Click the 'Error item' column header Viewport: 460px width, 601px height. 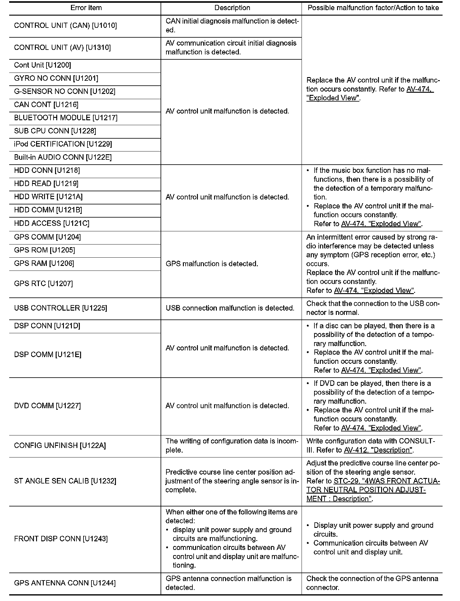[x=86, y=8]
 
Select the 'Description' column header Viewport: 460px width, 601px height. [x=232, y=8]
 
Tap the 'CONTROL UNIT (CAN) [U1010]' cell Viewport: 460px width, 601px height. [x=65, y=25]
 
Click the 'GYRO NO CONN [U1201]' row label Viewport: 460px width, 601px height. [x=56, y=78]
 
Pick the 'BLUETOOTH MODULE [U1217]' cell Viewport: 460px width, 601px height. [x=65, y=118]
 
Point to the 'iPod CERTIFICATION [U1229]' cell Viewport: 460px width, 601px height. [x=63, y=144]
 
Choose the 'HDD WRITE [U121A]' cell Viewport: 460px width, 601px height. [x=48, y=197]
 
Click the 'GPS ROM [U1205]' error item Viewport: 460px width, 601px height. [x=44, y=250]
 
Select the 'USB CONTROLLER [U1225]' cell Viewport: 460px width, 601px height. [x=60, y=308]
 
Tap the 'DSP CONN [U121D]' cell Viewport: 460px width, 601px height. [x=47, y=326]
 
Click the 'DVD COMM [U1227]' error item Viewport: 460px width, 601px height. [x=47, y=406]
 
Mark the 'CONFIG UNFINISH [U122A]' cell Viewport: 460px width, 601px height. [x=60, y=446]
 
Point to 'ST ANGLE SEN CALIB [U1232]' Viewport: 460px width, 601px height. [x=65, y=481]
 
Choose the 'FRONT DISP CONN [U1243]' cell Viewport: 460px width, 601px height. [x=61, y=539]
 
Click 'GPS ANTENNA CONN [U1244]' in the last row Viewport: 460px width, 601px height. [x=65, y=583]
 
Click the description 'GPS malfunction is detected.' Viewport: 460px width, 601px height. [x=212, y=264]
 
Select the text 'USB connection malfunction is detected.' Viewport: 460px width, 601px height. [x=230, y=308]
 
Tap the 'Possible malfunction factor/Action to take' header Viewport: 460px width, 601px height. [x=373, y=8]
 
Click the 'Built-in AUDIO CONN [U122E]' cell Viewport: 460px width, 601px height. [x=63, y=157]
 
